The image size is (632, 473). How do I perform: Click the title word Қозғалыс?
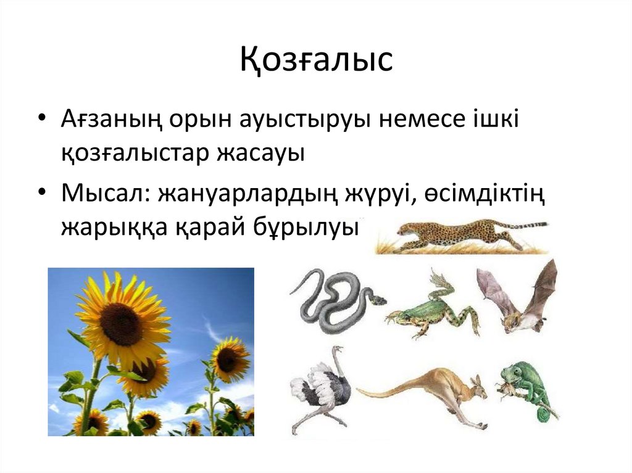[x=316, y=60]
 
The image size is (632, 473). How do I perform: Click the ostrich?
[x=321, y=389]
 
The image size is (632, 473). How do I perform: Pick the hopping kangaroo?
[x=432, y=395]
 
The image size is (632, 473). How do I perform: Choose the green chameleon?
[x=528, y=385]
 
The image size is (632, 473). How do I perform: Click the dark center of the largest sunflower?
[x=122, y=323]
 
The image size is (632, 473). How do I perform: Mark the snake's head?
[x=378, y=300]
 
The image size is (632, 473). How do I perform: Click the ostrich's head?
[x=336, y=350]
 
